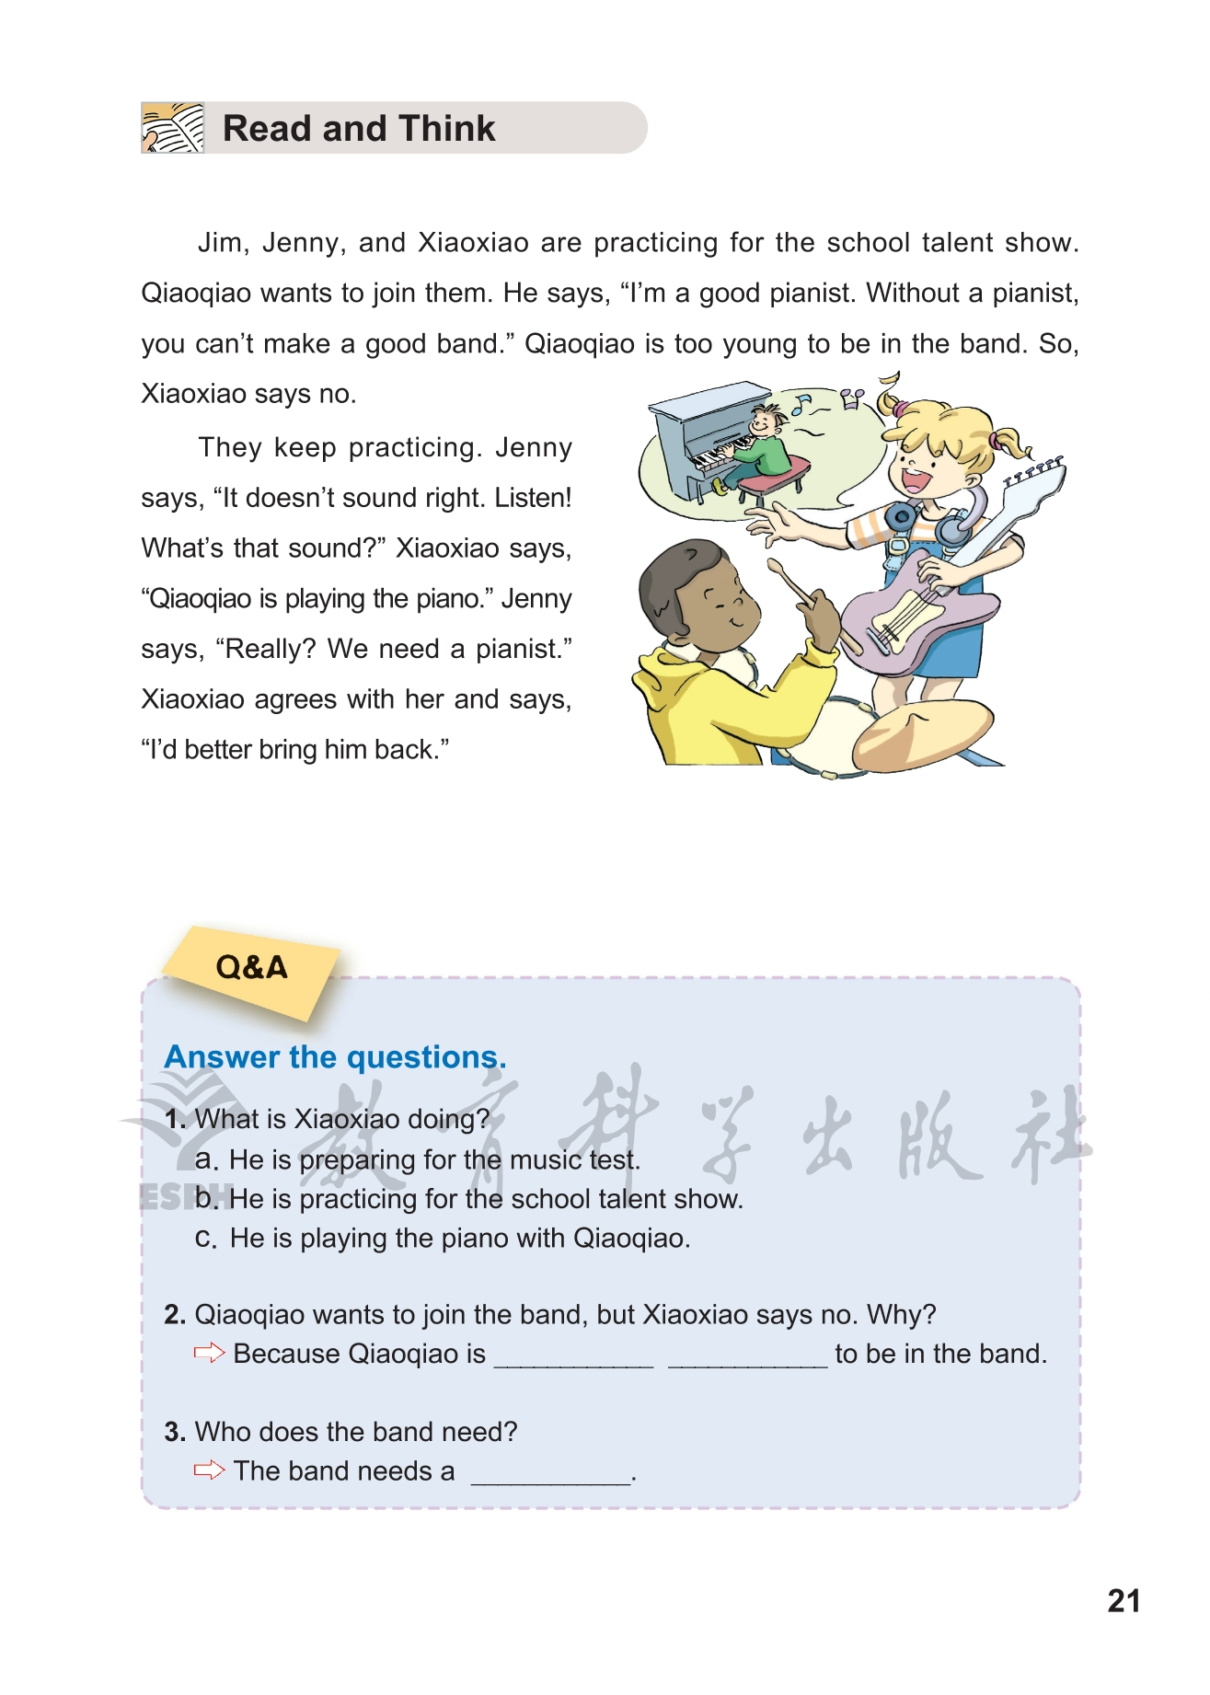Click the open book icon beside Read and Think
(x=172, y=128)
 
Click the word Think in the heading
(x=447, y=129)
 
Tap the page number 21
(x=1124, y=1601)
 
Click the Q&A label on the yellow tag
(x=251, y=968)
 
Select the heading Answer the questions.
(x=335, y=1057)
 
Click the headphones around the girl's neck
(x=929, y=521)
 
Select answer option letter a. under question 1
(x=206, y=1159)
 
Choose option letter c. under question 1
(x=206, y=1239)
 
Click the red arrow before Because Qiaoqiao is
(x=209, y=1353)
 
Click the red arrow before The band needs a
(x=209, y=1470)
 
